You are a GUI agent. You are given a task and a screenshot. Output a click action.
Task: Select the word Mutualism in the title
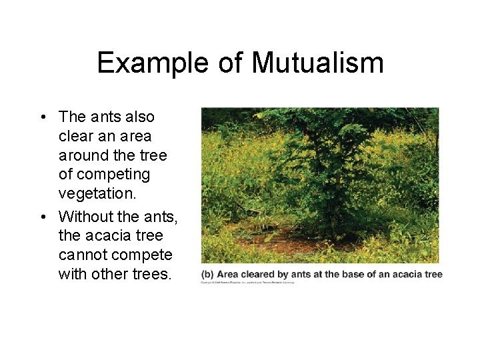[x=317, y=63]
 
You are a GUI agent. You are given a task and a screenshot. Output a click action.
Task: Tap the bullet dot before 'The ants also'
[x=42, y=117]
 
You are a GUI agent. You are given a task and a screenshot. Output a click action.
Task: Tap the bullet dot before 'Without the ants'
[x=42, y=217]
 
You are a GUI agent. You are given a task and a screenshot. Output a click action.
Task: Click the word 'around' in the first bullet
[x=84, y=155]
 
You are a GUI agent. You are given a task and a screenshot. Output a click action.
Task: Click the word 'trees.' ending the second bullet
[x=151, y=274]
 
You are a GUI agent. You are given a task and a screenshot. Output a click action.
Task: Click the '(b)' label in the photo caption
[x=208, y=274]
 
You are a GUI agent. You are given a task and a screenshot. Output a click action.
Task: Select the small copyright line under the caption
[x=247, y=282]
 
